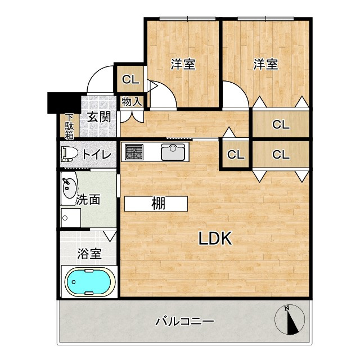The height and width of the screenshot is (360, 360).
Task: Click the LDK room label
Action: point(215,238)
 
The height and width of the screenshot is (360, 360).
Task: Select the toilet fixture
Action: point(70,154)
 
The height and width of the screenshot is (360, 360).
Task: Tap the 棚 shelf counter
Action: point(156,204)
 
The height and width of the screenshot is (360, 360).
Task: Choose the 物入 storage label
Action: point(132,102)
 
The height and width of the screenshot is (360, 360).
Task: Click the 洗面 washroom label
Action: point(88,199)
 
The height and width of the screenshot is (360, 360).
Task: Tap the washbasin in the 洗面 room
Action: point(69,185)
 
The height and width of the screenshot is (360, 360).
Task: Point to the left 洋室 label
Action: point(183,64)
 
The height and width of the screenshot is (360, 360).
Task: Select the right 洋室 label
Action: point(265,64)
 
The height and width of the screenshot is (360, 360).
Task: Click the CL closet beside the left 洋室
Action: point(130,79)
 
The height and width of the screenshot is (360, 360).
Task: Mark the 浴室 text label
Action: point(89,253)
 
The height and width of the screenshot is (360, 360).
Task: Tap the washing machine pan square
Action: point(70,217)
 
